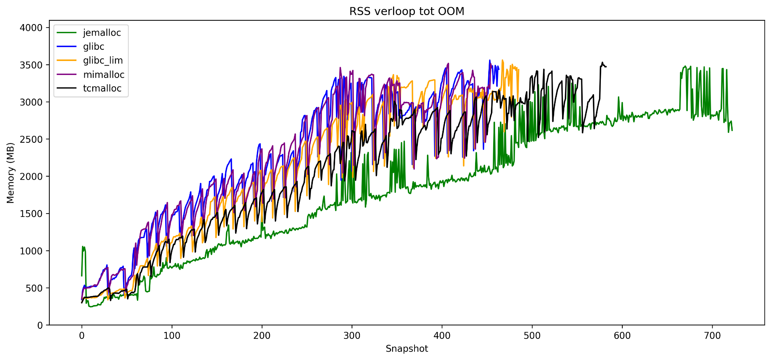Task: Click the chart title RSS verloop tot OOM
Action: click(x=407, y=12)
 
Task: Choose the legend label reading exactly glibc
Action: click(x=94, y=47)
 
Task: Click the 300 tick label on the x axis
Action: click(x=352, y=334)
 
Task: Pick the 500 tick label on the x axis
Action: click(x=532, y=334)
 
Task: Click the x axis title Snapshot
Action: click(x=407, y=349)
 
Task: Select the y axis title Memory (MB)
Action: click(x=11, y=172)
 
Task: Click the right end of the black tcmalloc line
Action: click(x=606, y=67)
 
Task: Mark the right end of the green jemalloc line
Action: click(x=732, y=130)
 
